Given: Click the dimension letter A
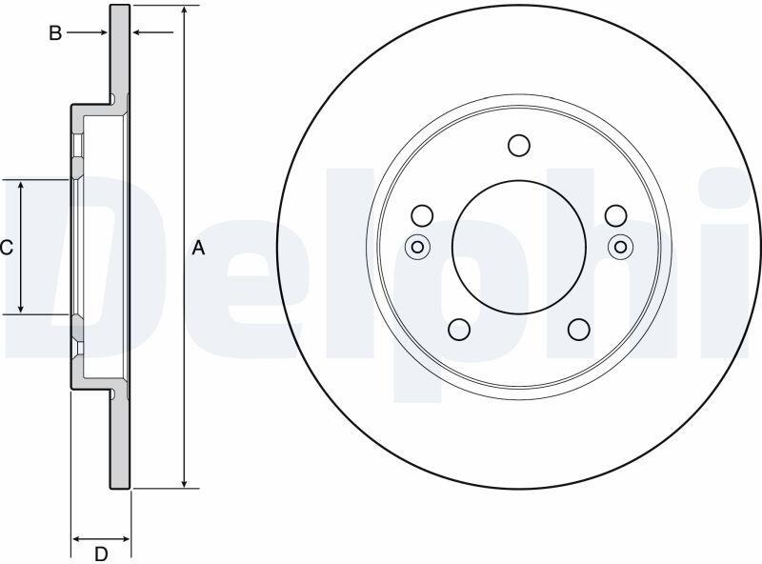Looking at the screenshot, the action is [x=198, y=248].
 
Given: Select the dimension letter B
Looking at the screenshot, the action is [x=55, y=33].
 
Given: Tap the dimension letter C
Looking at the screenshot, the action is [x=7, y=248].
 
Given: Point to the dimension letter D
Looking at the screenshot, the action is [x=101, y=554].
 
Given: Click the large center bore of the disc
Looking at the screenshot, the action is [x=518, y=247].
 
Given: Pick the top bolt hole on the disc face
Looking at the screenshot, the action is [x=518, y=145].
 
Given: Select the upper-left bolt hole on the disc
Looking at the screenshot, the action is [x=422, y=215].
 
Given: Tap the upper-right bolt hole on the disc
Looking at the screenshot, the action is [x=615, y=215].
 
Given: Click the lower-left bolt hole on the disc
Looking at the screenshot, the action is [x=459, y=330].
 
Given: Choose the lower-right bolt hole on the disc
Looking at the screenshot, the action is [x=579, y=330].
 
